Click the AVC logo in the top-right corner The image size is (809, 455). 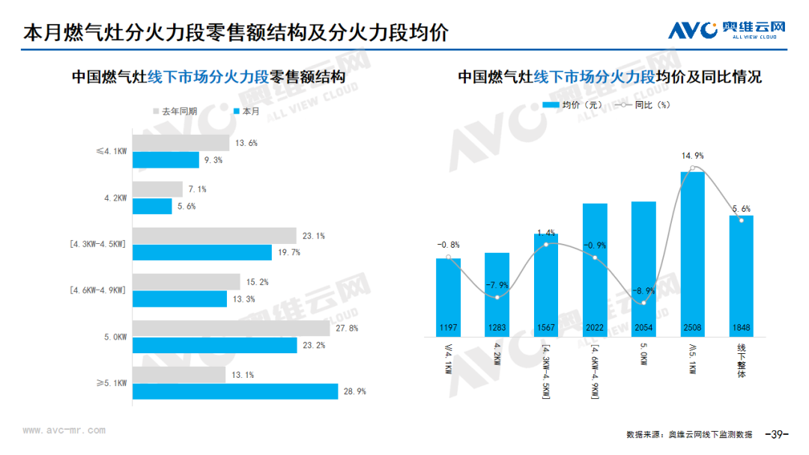click(x=727, y=30)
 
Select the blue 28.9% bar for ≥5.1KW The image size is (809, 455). click(x=235, y=391)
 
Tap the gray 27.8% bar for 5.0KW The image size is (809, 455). click(x=231, y=329)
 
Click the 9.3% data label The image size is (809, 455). click(x=213, y=160)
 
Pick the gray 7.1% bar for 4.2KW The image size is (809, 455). click(x=157, y=189)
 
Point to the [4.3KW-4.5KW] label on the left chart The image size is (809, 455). click(x=97, y=244)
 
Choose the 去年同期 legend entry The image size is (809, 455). click(x=175, y=112)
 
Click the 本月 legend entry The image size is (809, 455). click(x=246, y=112)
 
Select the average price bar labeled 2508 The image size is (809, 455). click(x=692, y=254)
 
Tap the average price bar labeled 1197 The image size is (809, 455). click(x=449, y=297)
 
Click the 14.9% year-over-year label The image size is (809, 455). click(x=692, y=156)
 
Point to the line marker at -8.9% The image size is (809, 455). click(x=644, y=303)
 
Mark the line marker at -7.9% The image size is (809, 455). click(x=497, y=297)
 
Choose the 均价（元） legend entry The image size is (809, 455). click(x=572, y=105)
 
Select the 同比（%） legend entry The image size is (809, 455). click(x=643, y=105)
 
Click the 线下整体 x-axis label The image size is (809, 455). click(x=742, y=361)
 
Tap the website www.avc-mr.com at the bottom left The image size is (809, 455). click(x=64, y=430)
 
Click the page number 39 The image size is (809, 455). click(x=777, y=434)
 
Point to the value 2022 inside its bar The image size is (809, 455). click(x=595, y=328)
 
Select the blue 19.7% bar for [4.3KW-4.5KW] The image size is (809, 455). click(x=202, y=252)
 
